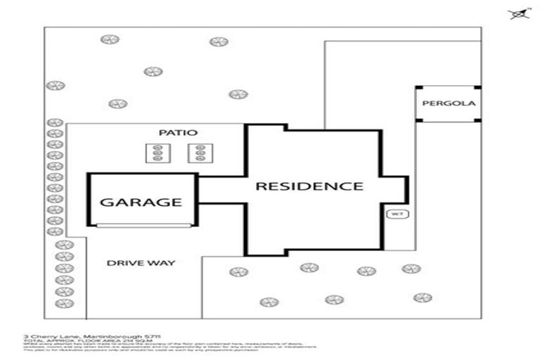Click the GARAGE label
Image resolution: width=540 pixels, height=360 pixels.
(x=141, y=202)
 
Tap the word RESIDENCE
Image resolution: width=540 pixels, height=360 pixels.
(x=309, y=186)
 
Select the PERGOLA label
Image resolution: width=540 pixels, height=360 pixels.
(x=449, y=103)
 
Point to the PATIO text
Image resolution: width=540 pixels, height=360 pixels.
(x=176, y=132)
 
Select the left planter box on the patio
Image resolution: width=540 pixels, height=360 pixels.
(x=157, y=153)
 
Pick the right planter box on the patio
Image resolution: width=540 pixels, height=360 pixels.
(x=200, y=153)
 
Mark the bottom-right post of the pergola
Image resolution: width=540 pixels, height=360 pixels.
(x=479, y=120)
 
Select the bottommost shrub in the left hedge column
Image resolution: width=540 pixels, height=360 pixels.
(x=65, y=303)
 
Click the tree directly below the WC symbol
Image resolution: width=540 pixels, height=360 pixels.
(x=411, y=269)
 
